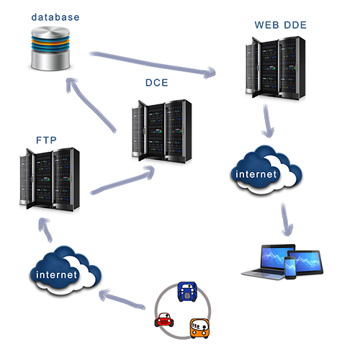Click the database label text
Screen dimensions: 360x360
[55, 17]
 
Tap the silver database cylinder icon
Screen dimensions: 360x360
[50, 48]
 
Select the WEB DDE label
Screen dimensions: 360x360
[281, 25]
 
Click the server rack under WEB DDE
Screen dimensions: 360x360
[276, 68]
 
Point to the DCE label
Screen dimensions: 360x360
[157, 83]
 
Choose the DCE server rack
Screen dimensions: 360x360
[162, 131]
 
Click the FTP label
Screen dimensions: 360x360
[46, 140]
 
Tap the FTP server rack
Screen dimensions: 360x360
[50, 179]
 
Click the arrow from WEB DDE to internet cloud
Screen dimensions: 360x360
[268, 121]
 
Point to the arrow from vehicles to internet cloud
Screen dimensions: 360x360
[122, 299]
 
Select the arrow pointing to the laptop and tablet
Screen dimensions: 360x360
[287, 220]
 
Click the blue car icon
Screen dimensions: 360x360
[187, 292]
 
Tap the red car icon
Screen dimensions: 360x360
[164, 320]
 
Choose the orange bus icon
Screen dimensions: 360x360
[199, 328]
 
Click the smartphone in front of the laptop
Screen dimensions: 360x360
[290, 268]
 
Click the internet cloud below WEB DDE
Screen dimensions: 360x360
[266, 170]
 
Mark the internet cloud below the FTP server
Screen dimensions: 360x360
[66, 271]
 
